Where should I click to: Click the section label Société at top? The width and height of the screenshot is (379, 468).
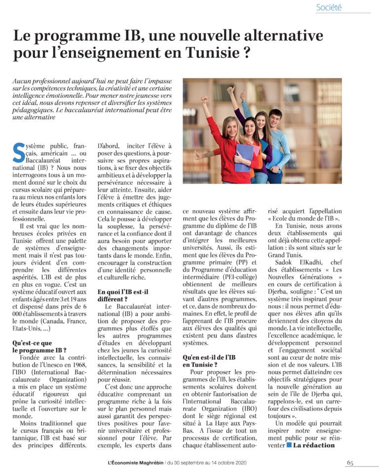click(x=329, y=7)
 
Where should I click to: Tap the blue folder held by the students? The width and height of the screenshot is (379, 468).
click(x=244, y=157)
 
